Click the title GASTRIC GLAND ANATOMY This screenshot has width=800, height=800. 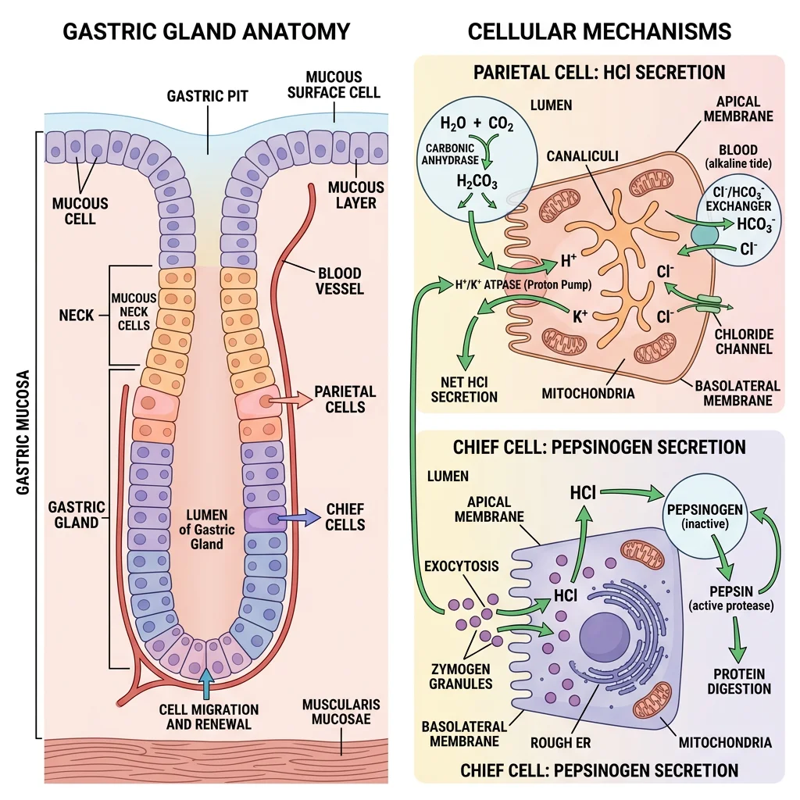[205, 31]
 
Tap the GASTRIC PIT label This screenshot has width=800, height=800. [207, 96]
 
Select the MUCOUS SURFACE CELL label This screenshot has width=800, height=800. [334, 84]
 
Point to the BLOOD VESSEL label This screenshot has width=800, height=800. [340, 280]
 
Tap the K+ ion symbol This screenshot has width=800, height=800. [580, 316]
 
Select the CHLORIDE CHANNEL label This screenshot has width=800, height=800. [744, 341]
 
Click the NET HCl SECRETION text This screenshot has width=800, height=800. [464, 388]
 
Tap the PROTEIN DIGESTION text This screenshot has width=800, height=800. [738, 681]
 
